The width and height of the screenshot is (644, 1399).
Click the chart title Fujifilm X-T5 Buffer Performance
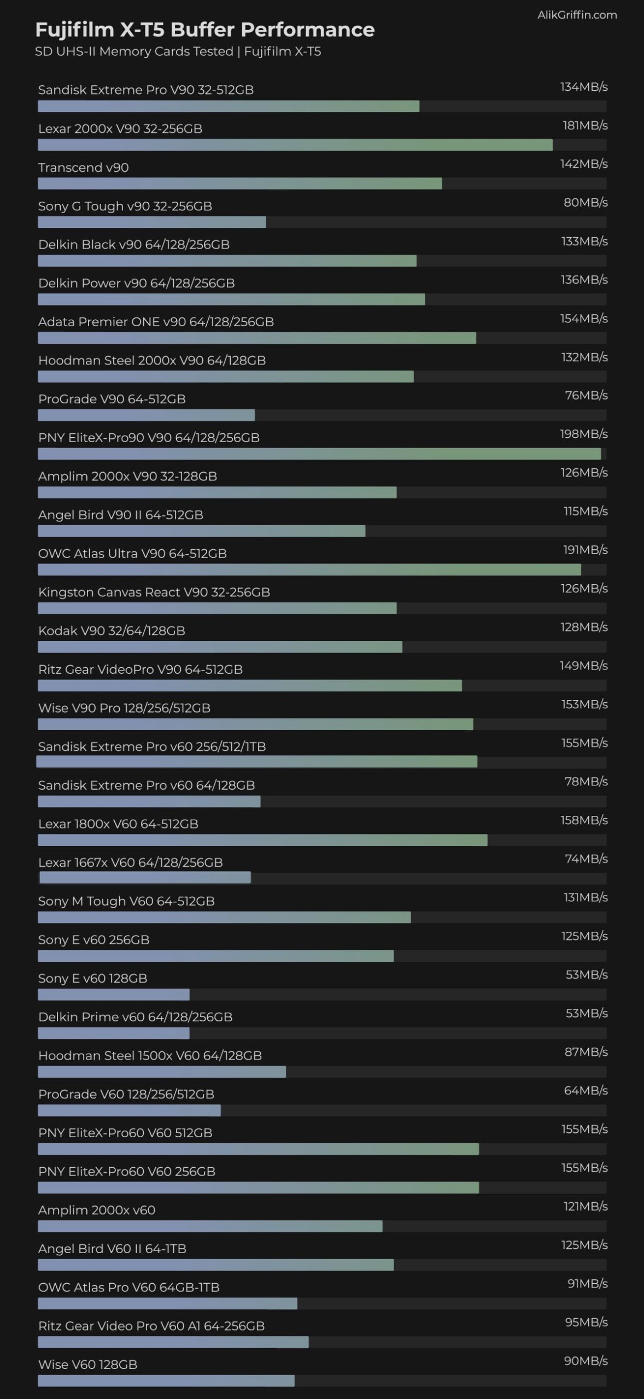click(204, 30)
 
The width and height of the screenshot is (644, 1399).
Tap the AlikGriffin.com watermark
click(577, 15)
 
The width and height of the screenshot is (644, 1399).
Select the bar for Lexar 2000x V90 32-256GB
click(295, 145)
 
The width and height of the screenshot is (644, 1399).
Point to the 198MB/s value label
click(583, 434)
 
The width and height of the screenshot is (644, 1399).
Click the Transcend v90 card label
click(84, 167)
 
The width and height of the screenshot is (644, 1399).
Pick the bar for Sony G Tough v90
click(152, 222)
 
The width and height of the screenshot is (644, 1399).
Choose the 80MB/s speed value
click(586, 202)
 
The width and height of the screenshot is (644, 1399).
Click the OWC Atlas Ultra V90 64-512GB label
click(132, 554)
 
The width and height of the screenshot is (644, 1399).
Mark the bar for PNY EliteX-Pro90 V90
click(319, 454)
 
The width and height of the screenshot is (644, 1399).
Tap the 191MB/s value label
click(585, 550)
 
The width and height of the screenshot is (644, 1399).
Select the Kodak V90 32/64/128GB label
click(112, 631)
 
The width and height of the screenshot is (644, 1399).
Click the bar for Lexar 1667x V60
click(145, 878)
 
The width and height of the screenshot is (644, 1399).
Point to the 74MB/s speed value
click(586, 859)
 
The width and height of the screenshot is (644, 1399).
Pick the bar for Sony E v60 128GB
click(114, 994)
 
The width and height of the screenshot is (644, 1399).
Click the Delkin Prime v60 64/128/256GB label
click(135, 1017)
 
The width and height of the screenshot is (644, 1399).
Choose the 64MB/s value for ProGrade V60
click(586, 1090)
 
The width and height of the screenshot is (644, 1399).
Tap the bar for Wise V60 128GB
click(166, 1381)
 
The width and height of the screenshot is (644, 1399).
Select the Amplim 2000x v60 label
click(97, 1210)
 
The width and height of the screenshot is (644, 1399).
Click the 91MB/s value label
click(587, 1284)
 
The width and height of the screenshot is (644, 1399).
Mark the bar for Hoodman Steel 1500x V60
click(162, 1072)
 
